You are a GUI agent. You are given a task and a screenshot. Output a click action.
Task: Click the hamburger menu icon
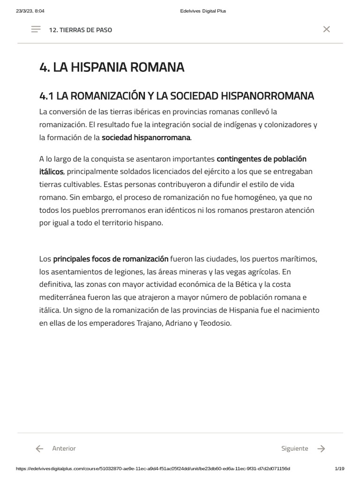36,30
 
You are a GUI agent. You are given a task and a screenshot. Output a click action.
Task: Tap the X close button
327,29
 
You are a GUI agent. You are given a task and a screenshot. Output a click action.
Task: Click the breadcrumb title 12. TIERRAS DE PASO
80,30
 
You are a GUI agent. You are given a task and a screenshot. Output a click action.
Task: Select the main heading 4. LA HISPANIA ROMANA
112,67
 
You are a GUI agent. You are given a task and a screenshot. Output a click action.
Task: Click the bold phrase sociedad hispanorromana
146,137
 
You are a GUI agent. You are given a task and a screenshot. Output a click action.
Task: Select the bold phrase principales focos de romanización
111,259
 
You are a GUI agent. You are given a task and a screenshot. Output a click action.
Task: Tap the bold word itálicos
51,172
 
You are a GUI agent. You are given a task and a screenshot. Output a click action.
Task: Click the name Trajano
149,323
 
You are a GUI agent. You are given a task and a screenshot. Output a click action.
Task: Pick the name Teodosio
215,323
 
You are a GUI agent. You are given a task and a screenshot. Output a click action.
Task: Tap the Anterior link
64,449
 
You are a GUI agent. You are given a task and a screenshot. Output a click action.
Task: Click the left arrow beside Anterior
40,449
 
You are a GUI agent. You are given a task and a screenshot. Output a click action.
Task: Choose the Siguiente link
295,449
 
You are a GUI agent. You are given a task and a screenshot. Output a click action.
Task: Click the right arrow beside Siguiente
321,449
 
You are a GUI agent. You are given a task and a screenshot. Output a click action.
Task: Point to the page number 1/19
340,469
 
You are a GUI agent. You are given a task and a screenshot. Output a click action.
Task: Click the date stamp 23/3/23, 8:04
30,11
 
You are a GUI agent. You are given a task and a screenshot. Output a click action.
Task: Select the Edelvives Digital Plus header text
203,11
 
